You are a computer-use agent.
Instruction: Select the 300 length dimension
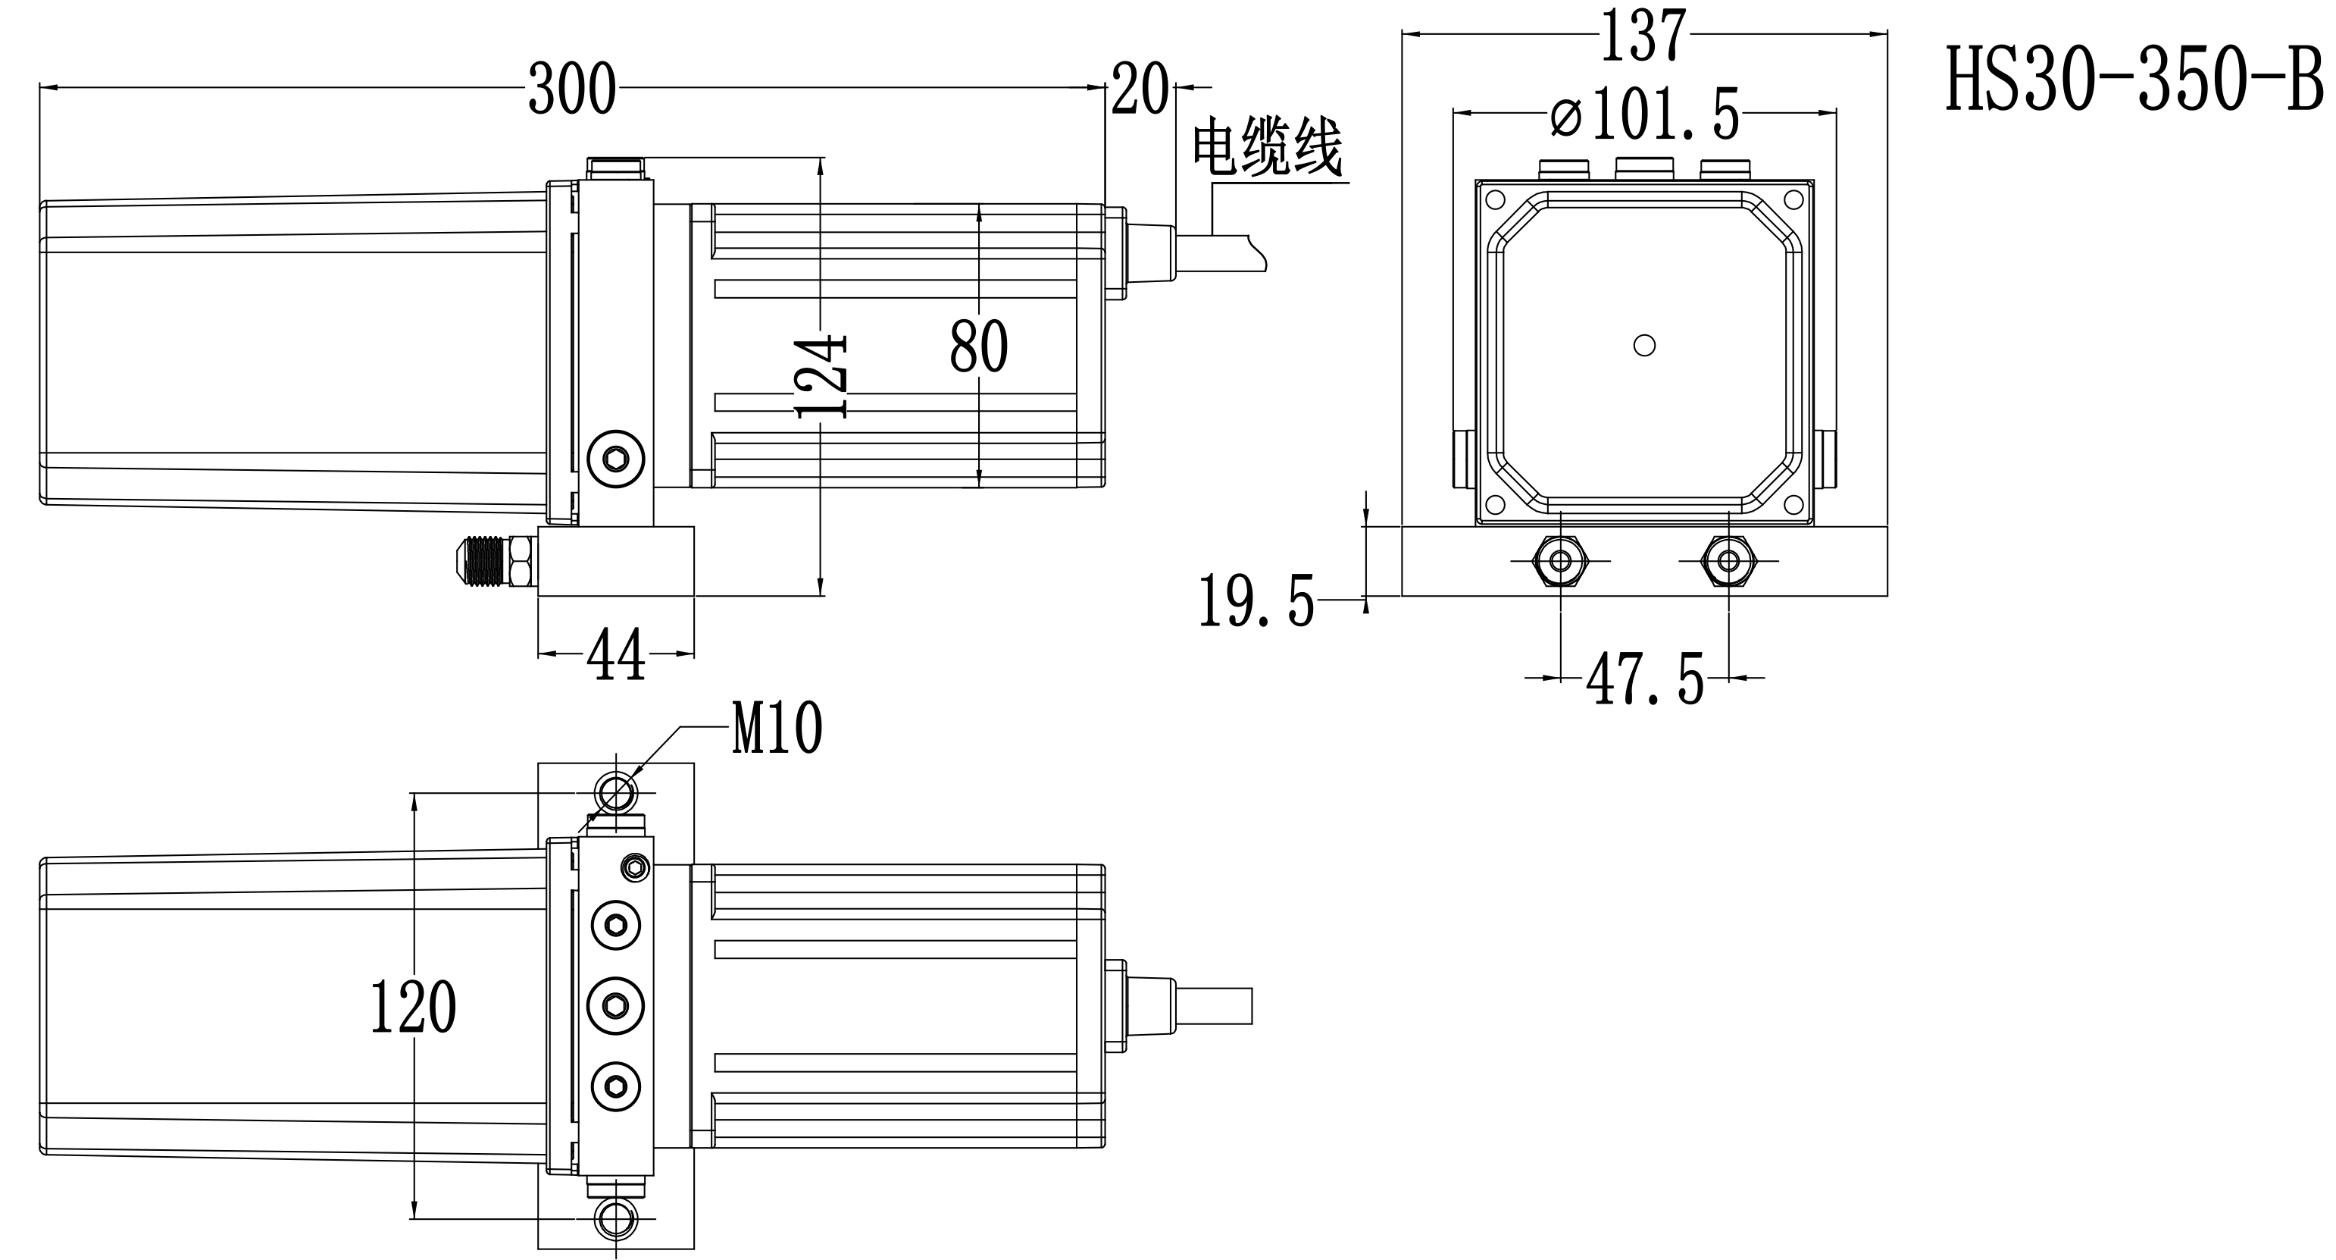[x=571, y=89]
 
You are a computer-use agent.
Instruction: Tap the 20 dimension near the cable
[x=1139, y=89]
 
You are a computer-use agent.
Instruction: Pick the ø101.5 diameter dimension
[x=1644, y=114]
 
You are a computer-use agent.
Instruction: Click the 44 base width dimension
[x=616, y=655]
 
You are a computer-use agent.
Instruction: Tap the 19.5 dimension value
[x=1256, y=601]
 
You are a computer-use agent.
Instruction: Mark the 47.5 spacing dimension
[x=1644, y=679]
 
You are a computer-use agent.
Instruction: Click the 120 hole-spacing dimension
[x=414, y=1008]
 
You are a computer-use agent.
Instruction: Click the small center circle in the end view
[x=1644, y=346]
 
